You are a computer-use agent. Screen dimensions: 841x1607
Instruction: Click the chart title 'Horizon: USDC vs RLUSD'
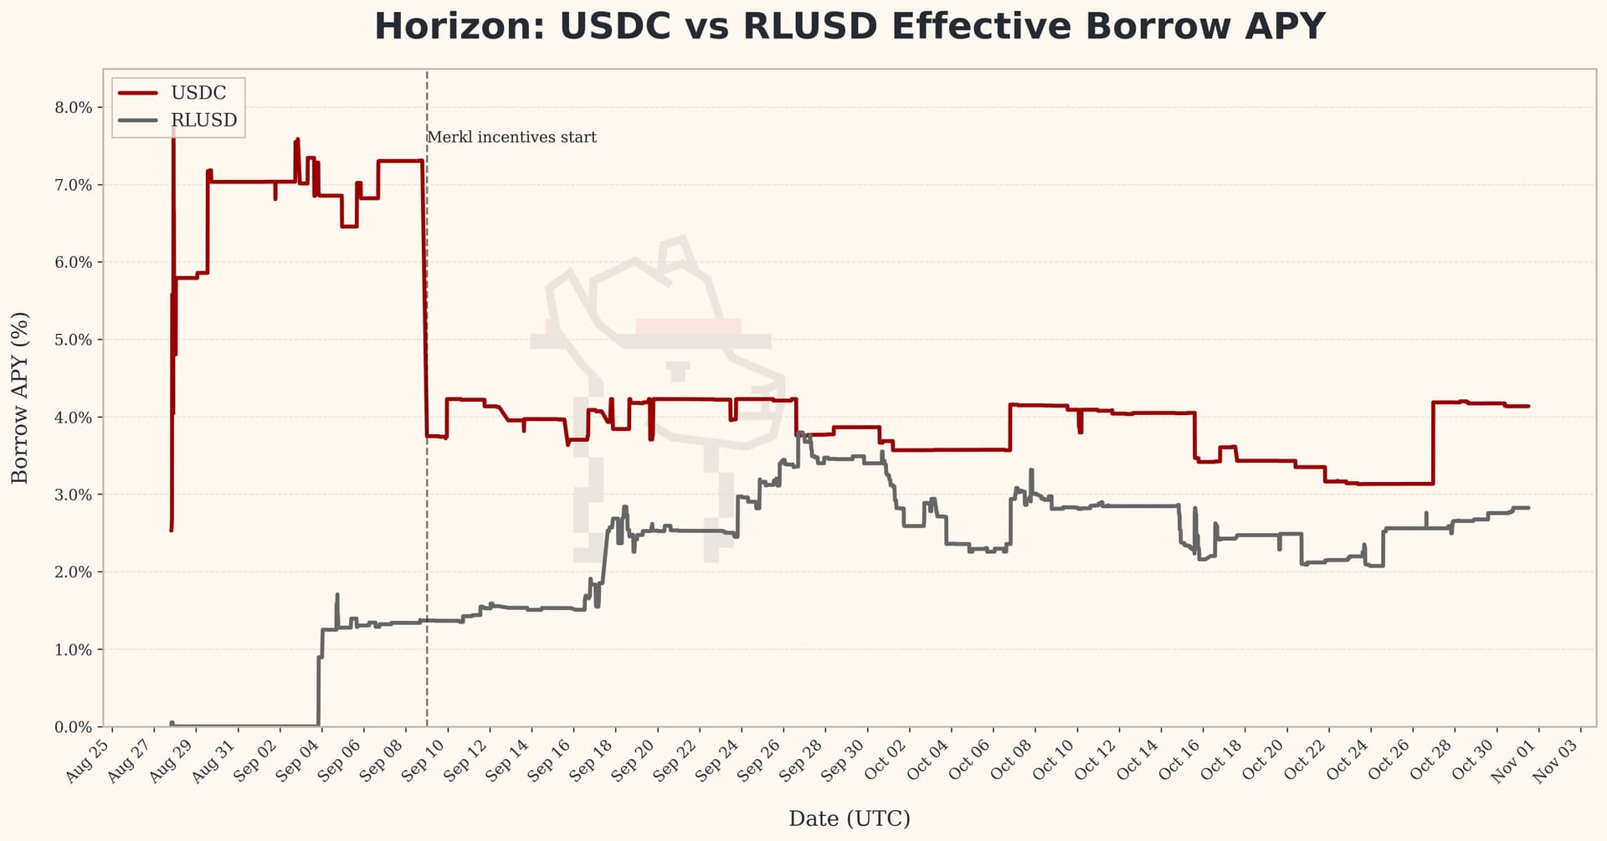coord(850,27)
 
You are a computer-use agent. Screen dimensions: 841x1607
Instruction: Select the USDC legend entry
coord(198,93)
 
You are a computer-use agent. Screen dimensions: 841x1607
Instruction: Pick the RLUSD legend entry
coord(203,121)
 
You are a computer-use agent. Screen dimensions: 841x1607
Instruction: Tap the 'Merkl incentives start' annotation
coord(511,137)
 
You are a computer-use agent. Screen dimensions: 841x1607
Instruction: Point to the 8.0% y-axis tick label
coord(74,108)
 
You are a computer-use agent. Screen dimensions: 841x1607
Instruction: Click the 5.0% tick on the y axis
coord(74,340)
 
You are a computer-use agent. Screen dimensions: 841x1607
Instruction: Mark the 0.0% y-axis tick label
coord(74,727)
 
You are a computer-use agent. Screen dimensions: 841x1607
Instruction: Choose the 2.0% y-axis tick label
coord(74,572)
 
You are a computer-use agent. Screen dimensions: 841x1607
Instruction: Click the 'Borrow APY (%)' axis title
coord(20,397)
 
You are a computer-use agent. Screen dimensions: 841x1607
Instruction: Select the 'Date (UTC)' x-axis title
coord(849,818)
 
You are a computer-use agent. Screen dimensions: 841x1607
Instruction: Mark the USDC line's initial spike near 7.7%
coord(172,131)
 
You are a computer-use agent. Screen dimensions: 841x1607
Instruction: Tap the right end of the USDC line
coord(1529,407)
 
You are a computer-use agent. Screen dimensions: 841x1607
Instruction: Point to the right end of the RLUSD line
coord(1529,508)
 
